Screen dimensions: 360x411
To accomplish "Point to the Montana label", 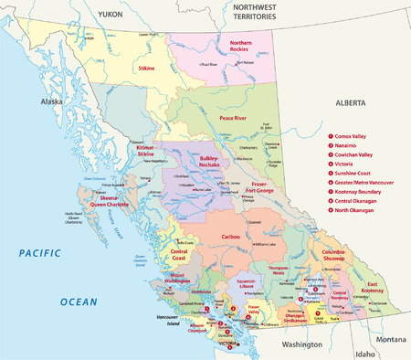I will pyautogui.click(x=390, y=338).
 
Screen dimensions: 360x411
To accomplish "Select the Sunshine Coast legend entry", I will pyautogui.click(x=363, y=170).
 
